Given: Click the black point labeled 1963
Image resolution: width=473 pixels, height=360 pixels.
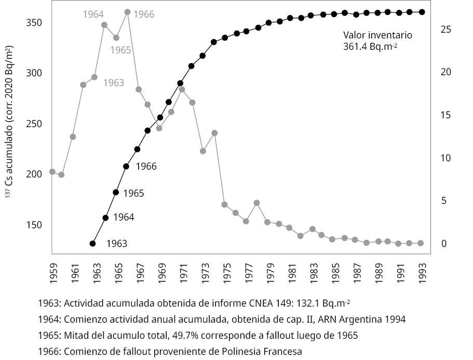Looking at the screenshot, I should click(x=93, y=243).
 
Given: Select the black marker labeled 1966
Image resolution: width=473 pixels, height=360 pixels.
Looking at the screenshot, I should click(x=126, y=167).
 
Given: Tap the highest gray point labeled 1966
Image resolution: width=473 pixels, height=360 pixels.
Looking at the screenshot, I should click(x=128, y=12).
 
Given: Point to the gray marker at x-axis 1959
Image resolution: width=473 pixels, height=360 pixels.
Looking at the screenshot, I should click(x=52, y=172).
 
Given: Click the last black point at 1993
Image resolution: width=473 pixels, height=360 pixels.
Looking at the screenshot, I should click(x=422, y=12).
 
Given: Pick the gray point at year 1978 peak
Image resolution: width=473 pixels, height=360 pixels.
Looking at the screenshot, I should click(x=256, y=203).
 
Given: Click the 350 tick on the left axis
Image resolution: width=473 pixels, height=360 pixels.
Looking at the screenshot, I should click(x=34, y=23).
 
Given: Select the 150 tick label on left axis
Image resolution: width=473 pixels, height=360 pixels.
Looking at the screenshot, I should click(x=34, y=225).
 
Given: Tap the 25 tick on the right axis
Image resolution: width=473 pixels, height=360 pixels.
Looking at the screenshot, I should click(x=445, y=30).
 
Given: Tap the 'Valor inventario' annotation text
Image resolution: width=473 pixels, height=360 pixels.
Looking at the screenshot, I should click(x=377, y=35).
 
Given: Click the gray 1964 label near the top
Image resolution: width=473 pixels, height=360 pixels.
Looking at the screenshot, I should click(x=93, y=15).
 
